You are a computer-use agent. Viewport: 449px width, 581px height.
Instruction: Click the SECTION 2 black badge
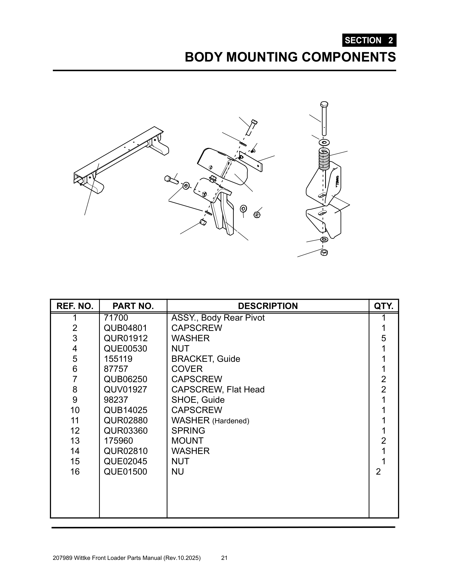coord(369,40)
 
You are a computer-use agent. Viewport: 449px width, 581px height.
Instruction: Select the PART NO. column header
coord(133,306)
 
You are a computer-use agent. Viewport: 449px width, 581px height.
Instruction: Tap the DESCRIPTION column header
coord(268,306)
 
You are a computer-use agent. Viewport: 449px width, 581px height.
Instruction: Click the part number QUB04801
coord(125,328)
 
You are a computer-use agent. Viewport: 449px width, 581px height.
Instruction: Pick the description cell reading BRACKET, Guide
coord(205,359)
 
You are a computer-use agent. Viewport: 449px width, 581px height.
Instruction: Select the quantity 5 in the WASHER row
coord(383,338)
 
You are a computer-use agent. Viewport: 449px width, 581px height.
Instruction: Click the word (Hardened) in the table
coord(231,421)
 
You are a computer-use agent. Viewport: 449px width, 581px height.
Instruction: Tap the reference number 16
coord(75,472)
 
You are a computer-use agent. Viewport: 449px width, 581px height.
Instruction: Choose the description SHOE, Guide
coord(198,400)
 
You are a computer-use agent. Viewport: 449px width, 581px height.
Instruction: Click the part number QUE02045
coord(125,461)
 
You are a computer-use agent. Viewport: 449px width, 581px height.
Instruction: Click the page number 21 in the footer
coord(224,558)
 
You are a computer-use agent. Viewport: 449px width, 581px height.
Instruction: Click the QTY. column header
coord(383,306)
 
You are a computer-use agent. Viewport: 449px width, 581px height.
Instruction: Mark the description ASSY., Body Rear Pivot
coord(218,318)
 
